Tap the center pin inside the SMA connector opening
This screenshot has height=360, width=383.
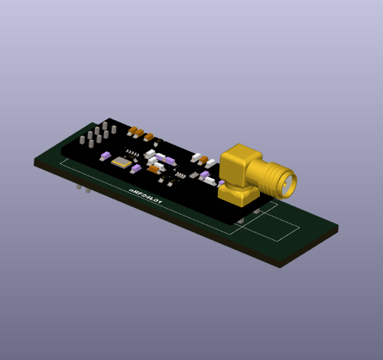click(x=289, y=183)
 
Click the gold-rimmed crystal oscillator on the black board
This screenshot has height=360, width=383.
click(x=121, y=162)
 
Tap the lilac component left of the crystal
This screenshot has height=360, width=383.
click(x=105, y=156)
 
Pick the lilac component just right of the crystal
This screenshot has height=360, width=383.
click(x=135, y=168)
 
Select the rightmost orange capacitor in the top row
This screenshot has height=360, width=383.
click(x=148, y=137)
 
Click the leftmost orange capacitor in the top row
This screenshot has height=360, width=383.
click(x=133, y=131)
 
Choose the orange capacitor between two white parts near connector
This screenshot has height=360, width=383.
click(x=203, y=160)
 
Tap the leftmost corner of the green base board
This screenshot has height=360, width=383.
click(x=35, y=161)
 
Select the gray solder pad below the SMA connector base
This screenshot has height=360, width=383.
click(x=240, y=220)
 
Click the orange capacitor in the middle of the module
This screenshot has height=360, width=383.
click(x=154, y=169)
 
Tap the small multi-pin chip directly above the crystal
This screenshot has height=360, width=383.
click(x=133, y=154)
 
